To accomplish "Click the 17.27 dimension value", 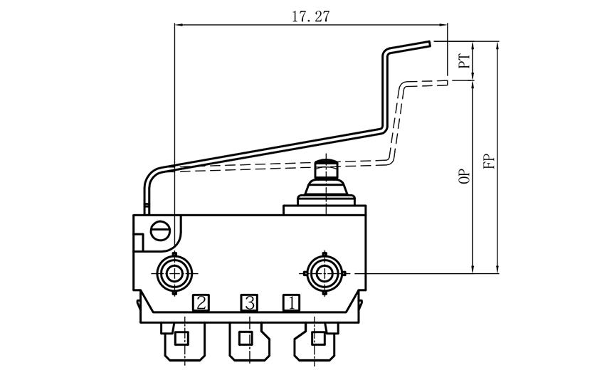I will point(311,16).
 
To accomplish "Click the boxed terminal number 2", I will point(201,303).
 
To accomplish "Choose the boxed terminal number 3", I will point(248,303).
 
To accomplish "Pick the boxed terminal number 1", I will point(290,303).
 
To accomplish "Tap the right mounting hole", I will point(325,272).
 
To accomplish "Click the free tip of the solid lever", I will point(429,44).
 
